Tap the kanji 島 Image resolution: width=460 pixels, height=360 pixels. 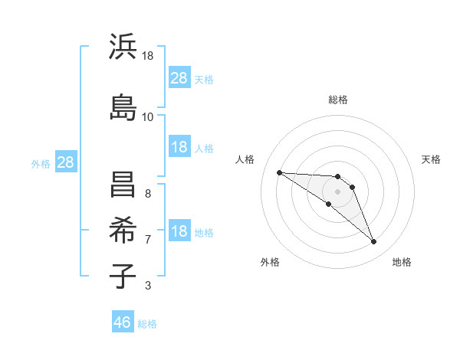(123, 106)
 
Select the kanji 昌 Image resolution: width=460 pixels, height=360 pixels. (123, 185)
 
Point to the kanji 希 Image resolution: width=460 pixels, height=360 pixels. (123, 229)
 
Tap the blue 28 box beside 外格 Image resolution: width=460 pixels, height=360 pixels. (65, 162)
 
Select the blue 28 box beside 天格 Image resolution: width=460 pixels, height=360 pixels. (179, 78)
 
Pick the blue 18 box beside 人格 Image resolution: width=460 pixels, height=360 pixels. (179, 147)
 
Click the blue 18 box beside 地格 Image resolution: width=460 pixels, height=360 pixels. (179, 231)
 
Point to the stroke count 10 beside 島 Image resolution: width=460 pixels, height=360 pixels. (148, 116)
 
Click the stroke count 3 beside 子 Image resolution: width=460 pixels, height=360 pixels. (148, 286)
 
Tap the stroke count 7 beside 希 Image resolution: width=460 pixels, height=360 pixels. (148, 239)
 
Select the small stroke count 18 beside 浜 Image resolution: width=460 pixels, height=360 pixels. (148, 56)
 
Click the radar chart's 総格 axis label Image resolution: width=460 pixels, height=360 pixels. (338, 100)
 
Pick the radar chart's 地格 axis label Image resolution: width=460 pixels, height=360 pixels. (402, 262)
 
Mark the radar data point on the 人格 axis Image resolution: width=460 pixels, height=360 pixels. (279, 172)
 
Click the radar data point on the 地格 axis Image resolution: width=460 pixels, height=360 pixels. (374, 242)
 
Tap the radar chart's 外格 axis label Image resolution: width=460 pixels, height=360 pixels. (270, 262)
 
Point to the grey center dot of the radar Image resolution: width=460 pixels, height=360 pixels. (338, 191)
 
